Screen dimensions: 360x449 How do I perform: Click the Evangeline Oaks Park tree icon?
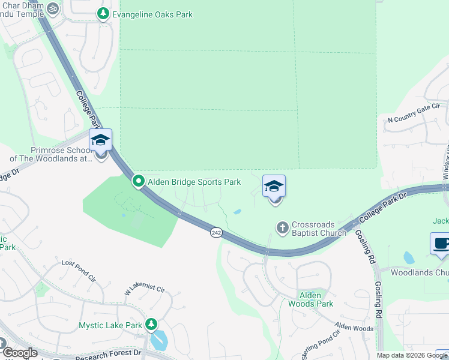tap(103, 13)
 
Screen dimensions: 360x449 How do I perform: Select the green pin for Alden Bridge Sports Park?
tap(139, 181)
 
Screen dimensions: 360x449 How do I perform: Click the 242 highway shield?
tap(216, 232)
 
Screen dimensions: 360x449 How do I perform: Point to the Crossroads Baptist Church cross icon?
tap(283, 228)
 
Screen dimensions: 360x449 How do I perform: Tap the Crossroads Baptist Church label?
tap(319, 229)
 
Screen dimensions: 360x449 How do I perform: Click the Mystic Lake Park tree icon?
tap(151, 325)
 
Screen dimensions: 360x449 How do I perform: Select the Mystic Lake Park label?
tap(110, 326)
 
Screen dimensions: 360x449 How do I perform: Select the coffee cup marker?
tap(440, 244)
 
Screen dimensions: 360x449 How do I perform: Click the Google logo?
tap(20, 353)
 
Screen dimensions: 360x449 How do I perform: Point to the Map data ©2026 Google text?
tap(412, 355)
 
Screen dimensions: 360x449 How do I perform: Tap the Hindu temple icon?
tap(52, 8)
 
